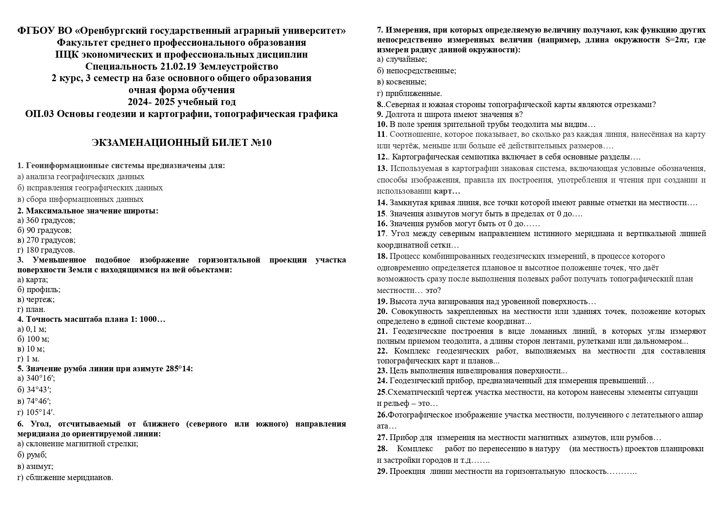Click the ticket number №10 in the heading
(x=261, y=143)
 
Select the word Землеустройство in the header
(x=239, y=66)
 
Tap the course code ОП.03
(x=39, y=114)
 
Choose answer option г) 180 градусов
(x=46, y=250)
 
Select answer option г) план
(x=31, y=309)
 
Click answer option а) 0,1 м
(x=32, y=329)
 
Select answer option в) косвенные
(x=402, y=82)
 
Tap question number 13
(x=382, y=169)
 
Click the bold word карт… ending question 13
(x=447, y=191)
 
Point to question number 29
(x=382, y=471)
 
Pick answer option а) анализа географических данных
(x=81, y=177)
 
